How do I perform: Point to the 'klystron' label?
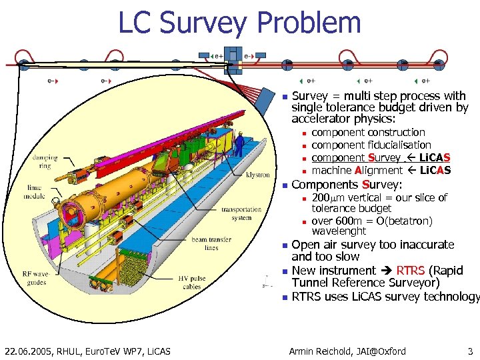(258, 175)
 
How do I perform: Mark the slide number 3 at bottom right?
(470, 351)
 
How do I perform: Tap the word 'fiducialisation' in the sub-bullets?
(399, 145)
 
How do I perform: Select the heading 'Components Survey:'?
(347, 184)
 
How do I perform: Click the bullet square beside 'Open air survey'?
(284, 245)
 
